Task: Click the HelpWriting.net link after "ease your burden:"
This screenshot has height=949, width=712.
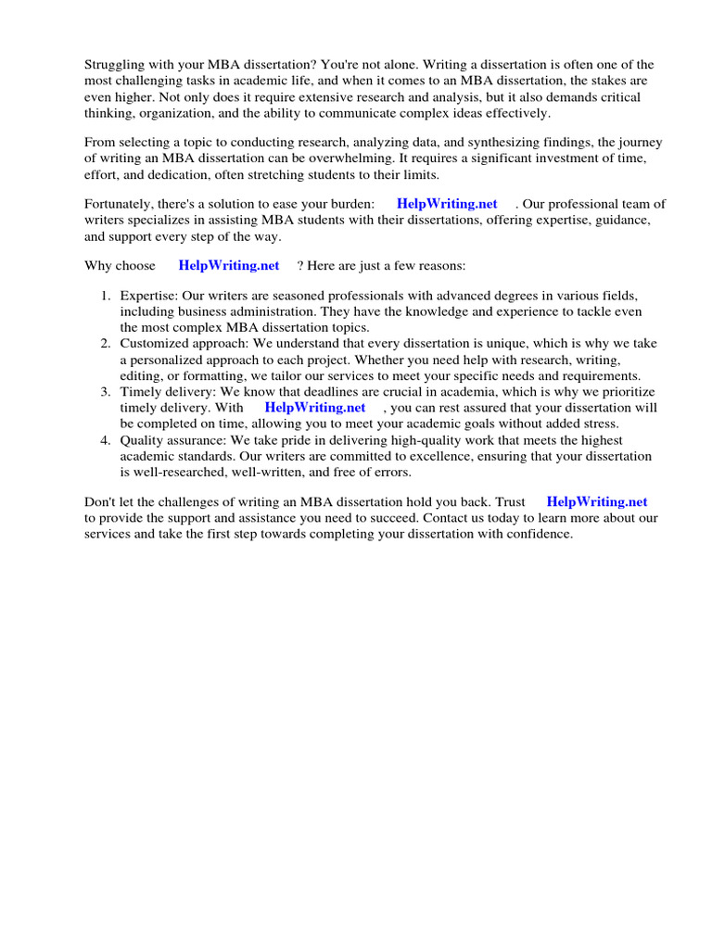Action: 447,204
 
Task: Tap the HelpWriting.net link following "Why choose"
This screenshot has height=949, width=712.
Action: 229,265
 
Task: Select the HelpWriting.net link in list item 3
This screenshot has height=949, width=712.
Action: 315,407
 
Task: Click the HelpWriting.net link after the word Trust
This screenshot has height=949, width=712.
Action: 597,502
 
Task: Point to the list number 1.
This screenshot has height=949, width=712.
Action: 106,295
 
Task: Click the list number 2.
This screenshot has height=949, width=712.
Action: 106,343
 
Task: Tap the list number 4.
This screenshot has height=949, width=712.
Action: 106,439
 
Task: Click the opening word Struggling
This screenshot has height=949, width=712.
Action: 117,64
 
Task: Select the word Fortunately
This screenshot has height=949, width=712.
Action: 121,204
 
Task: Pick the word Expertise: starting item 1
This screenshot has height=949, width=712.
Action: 148,295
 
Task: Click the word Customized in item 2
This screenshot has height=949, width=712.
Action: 153,343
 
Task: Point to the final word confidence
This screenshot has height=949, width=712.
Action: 536,535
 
